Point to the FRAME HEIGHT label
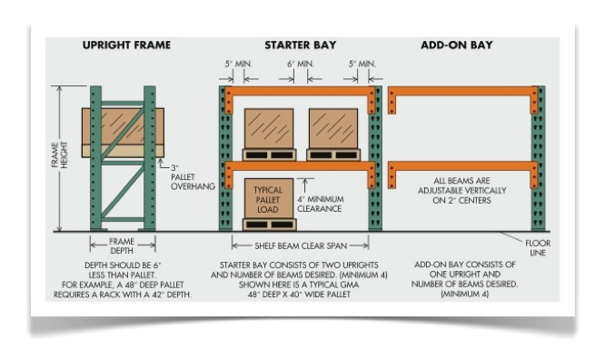tap(56, 160)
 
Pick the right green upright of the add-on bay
tap(539, 159)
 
